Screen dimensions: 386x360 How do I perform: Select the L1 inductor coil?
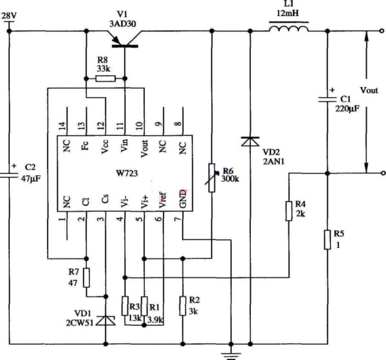tap(288, 28)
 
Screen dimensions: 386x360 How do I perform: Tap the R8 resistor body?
tap(106, 79)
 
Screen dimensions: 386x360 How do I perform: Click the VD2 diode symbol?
tap(250, 142)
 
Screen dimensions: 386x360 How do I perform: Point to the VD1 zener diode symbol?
tap(106, 320)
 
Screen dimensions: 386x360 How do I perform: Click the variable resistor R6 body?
tap(212, 178)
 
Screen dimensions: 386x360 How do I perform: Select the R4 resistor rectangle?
tap(289, 211)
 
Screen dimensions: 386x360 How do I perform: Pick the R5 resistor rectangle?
tap(327, 240)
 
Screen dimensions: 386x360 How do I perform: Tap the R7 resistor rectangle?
tap(86, 278)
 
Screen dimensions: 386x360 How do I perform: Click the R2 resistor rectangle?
tap(183, 306)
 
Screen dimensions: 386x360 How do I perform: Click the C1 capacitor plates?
tap(327, 99)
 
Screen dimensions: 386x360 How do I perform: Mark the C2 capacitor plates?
tap(9, 175)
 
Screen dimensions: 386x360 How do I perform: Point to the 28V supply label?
tap(9, 16)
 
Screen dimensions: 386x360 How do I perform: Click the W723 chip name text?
tap(127, 173)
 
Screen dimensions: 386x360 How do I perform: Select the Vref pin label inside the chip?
tap(163, 200)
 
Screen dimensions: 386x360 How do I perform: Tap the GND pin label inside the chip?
tap(183, 198)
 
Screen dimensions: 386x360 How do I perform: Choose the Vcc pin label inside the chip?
tap(105, 147)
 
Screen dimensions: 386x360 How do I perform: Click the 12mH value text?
tap(288, 13)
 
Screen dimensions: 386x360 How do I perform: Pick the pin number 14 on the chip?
tap(63, 126)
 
